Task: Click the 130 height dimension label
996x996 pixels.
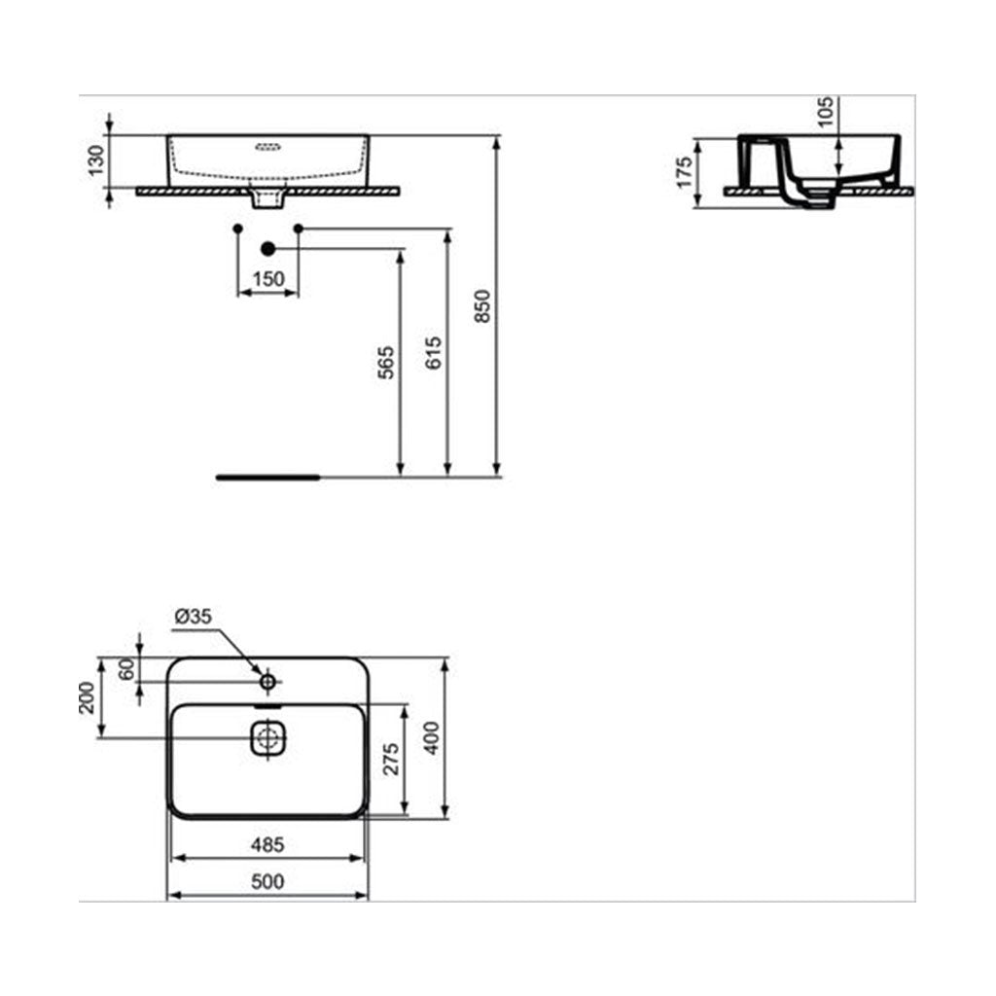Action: [95, 160]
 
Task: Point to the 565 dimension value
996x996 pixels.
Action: [387, 362]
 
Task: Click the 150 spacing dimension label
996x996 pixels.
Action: [268, 279]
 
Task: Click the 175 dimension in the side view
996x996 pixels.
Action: [684, 172]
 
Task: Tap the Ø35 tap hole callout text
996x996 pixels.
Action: [194, 616]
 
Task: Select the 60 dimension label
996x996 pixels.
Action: [125, 668]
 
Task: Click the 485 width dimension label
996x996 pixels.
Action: [267, 846]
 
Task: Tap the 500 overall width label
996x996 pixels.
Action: [267, 882]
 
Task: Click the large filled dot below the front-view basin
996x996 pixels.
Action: [267, 248]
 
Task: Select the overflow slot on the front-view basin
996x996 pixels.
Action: [267, 149]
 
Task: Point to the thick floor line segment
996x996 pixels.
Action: [267, 478]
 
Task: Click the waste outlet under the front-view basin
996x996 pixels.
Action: [267, 198]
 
